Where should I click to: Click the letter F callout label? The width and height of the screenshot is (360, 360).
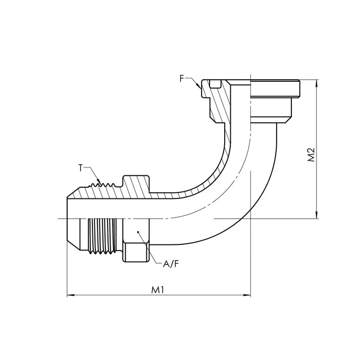(181, 78)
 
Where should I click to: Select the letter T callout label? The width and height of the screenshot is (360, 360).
(81, 167)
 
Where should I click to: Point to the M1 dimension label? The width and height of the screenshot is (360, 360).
(158, 290)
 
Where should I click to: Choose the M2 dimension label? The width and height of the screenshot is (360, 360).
(312, 155)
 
